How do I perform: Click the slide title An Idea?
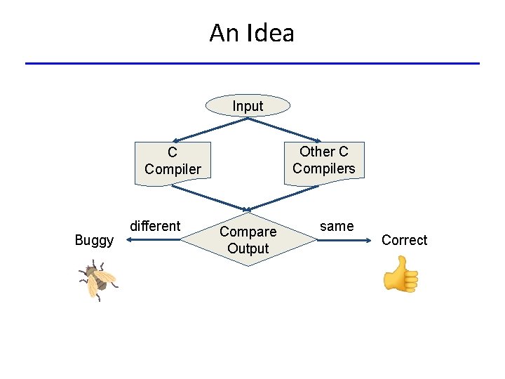point(252,33)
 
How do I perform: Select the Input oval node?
point(248,106)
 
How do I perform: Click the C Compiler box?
point(173,161)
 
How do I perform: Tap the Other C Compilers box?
point(324,161)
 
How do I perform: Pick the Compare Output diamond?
point(248,239)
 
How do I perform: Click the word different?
point(155,226)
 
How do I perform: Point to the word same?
point(337,226)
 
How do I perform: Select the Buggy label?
point(94,241)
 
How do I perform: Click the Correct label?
point(404,240)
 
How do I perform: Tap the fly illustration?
point(97,279)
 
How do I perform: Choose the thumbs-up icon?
point(401,274)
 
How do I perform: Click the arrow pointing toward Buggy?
point(154,240)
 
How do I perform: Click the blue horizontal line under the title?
point(252,64)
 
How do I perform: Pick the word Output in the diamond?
point(248,248)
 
